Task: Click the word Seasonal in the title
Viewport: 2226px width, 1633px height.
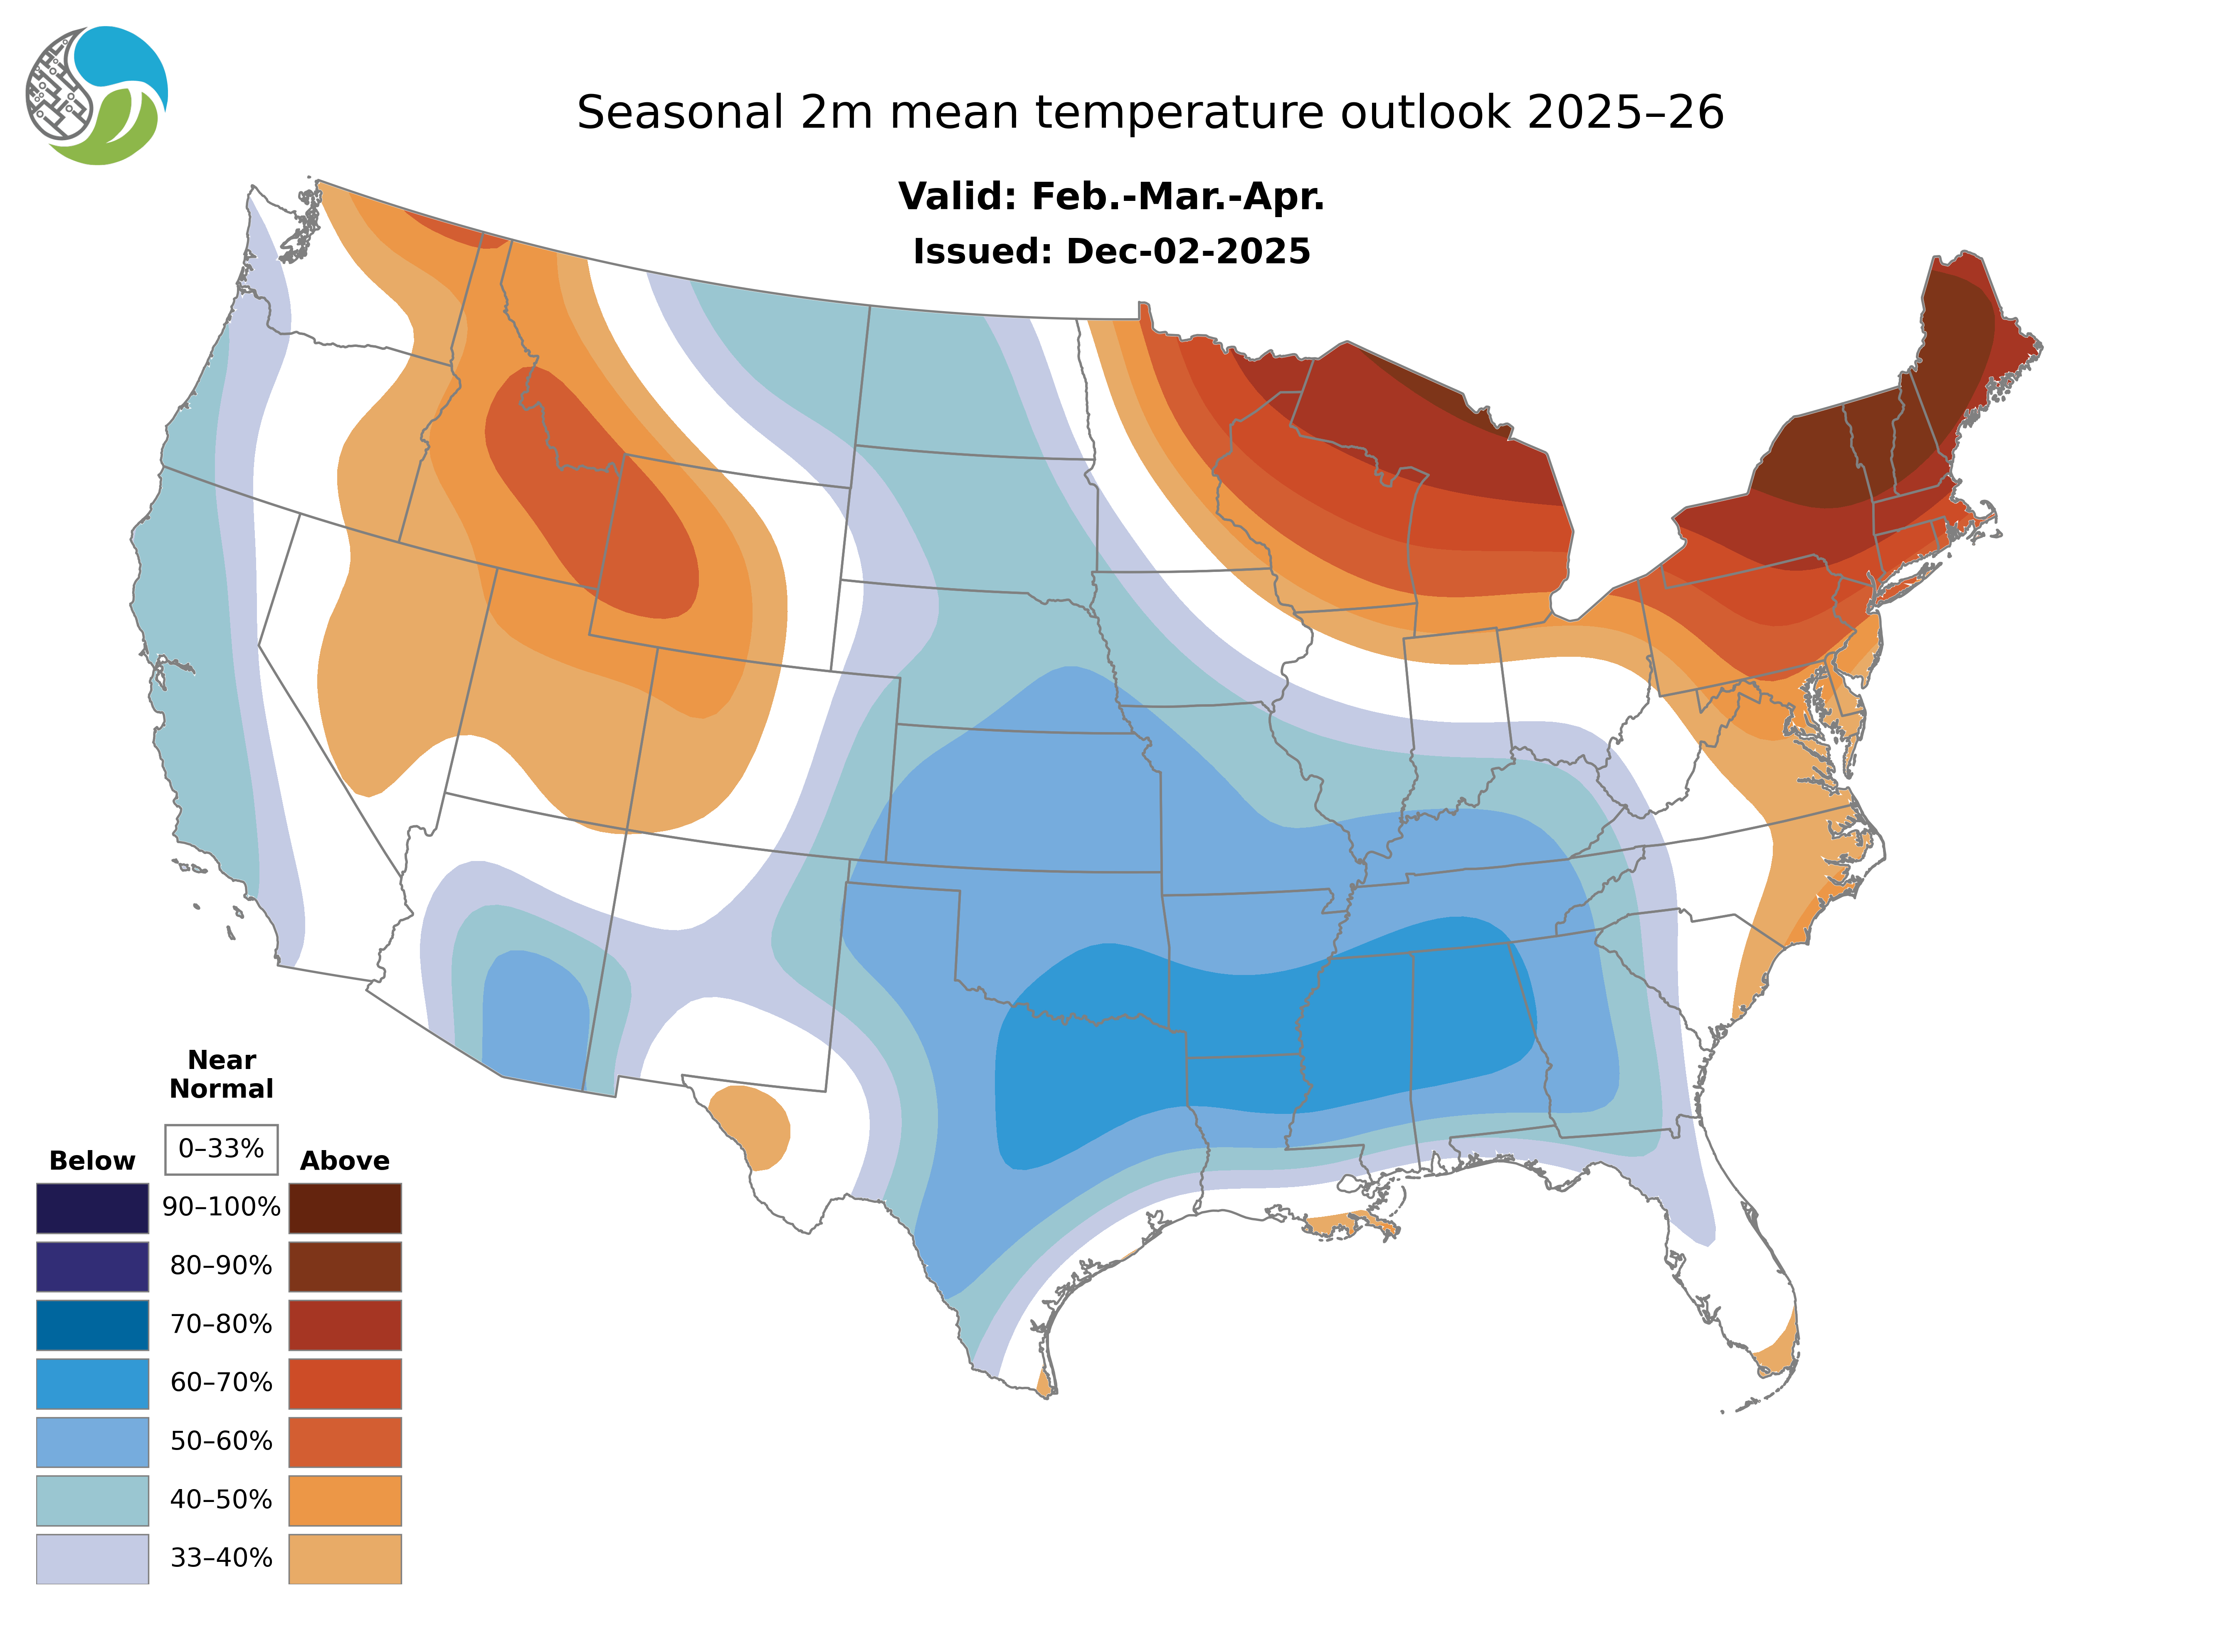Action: [680, 113]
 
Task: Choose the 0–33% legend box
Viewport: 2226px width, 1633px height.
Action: [221, 1149]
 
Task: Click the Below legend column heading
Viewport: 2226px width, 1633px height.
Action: [92, 1160]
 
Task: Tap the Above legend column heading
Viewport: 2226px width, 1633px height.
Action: [345, 1160]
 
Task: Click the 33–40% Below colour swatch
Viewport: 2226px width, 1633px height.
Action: [92, 1558]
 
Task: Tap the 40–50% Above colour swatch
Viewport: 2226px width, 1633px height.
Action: [345, 1499]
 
